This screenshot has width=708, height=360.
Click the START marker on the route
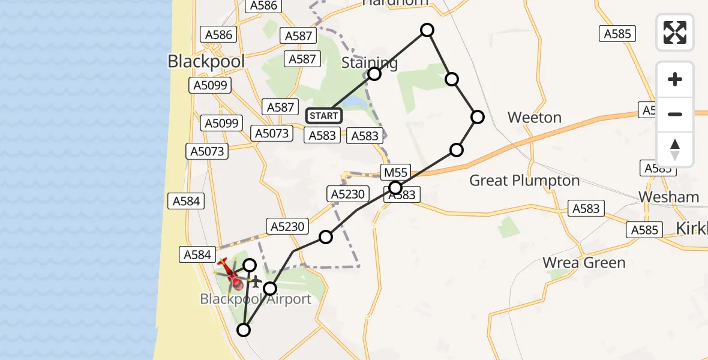324,115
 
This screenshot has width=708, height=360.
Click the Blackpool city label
206,61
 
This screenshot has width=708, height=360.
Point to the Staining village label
369,63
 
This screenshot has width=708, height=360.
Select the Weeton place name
534,118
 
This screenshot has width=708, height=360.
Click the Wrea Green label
584,263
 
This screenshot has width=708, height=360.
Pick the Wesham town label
669,197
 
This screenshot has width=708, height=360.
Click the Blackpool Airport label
256,299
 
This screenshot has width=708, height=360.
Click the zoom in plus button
675,79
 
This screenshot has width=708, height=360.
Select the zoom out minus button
675,114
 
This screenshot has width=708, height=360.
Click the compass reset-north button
675,149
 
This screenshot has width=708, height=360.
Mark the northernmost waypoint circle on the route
427,30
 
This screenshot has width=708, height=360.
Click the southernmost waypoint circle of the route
244,329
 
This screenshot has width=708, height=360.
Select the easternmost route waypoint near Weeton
477,117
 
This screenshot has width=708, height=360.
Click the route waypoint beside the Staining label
374,74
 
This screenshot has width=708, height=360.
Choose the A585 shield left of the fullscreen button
617,34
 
